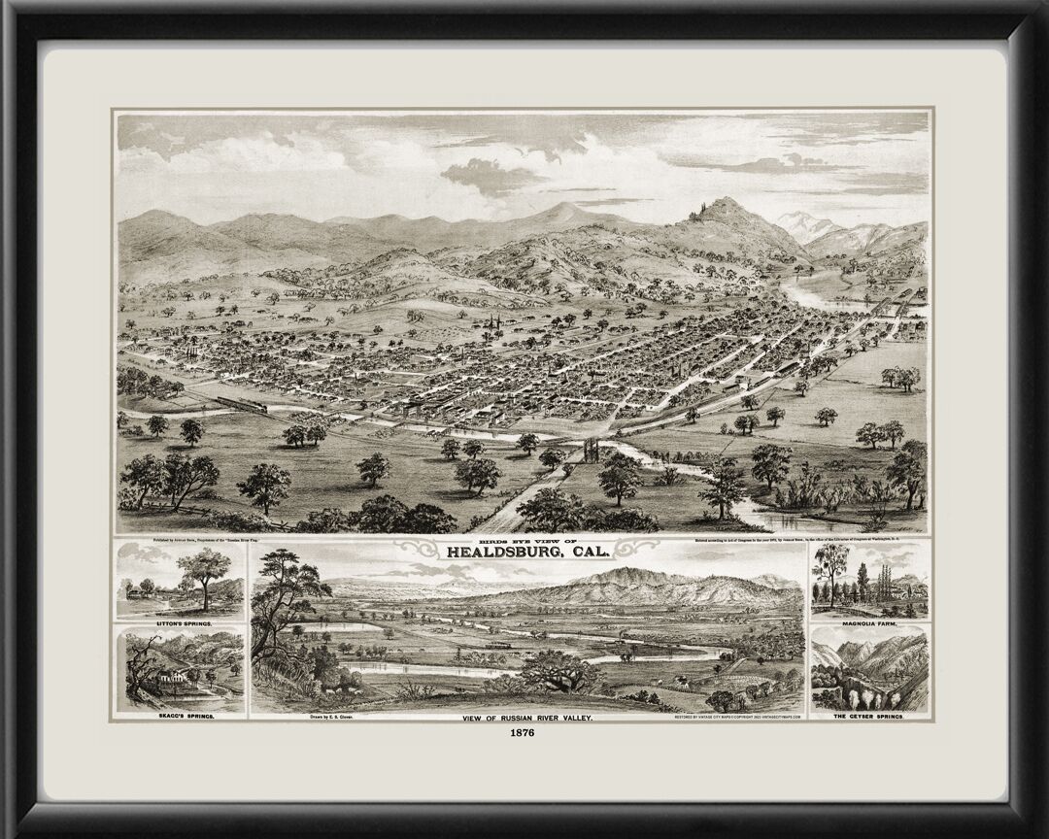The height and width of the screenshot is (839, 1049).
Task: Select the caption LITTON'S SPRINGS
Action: tap(181, 620)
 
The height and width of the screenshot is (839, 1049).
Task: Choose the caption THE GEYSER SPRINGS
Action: tap(868, 715)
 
